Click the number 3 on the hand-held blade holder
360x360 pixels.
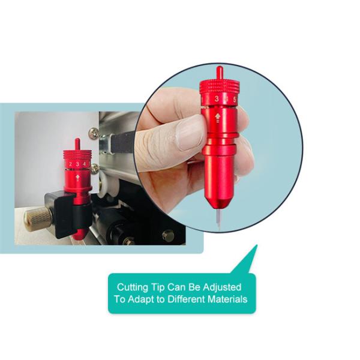pyautogui.click(x=217, y=99)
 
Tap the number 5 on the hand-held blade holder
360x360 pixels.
pyautogui.click(x=235, y=100)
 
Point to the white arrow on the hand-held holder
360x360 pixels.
pyautogui.click(x=217, y=117)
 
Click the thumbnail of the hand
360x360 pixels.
pyautogui.click(x=190, y=133)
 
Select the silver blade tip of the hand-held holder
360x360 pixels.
pyautogui.click(x=218, y=218)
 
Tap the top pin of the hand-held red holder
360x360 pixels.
pyautogui.click(x=219, y=73)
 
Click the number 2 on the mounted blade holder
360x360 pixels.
pyautogui.click(x=70, y=164)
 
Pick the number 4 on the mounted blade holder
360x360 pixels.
pyautogui.click(x=85, y=164)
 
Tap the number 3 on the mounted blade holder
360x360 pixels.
pyautogui.click(x=77, y=164)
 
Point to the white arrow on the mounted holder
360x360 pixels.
pyautogui.click(x=78, y=176)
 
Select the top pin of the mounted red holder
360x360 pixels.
pyautogui.click(x=77, y=144)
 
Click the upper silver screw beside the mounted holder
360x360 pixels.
pyautogui.click(x=94, y=133)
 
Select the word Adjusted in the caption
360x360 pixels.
pyautogui.click(x=222, y=287)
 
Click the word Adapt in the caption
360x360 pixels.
pyautogui.click(x=140, y=299)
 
